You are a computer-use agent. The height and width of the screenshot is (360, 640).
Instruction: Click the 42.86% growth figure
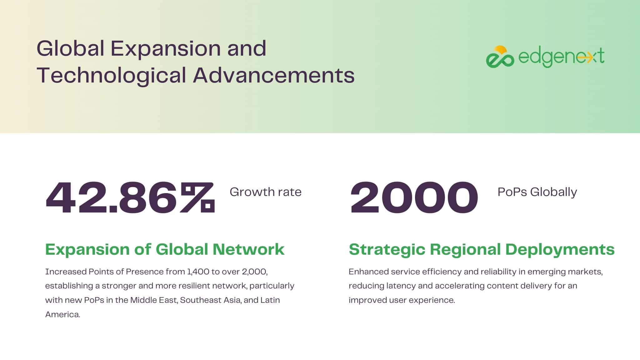(x=130, y=198)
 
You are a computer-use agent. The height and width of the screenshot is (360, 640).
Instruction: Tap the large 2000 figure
(x=414, y=198)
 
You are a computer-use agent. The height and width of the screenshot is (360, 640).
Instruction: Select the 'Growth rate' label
(x=266, y=192)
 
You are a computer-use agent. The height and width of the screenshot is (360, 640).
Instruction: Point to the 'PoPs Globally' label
(x=537, y=192)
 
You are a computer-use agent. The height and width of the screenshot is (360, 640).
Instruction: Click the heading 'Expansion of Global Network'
(x=165, y=249)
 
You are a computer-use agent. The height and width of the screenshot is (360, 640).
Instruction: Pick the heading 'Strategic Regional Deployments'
(x=482, y=250)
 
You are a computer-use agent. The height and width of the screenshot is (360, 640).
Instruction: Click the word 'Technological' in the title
(x=111, y=76)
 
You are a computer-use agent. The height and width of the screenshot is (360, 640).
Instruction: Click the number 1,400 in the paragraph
(x=198, y=272)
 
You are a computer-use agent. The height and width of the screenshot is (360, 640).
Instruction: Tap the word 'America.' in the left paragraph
(x=63, y=314)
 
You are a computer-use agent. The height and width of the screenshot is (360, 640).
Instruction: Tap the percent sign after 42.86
(x=198, y=198)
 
